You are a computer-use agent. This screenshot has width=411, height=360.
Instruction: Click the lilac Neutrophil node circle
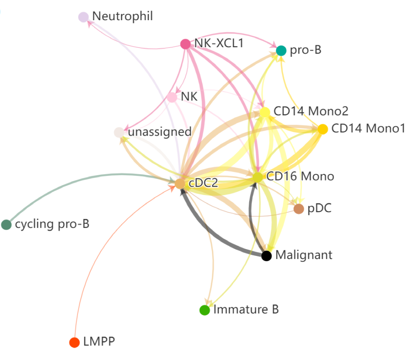[x=83, y=17]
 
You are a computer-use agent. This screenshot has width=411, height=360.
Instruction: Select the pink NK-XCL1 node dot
[x=185, y=44]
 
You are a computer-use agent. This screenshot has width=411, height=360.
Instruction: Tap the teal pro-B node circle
[x=281, y=51]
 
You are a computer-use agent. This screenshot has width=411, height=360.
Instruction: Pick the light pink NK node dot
[x=172, y=97]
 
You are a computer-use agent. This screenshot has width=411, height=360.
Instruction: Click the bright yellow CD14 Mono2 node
[x=265, y=112]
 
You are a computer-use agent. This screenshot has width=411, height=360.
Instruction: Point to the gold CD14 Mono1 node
[x=323, y=129]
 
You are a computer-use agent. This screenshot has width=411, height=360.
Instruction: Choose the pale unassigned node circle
[x=119, y=133]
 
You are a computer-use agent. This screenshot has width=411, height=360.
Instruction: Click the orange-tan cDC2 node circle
[x=180, y=184]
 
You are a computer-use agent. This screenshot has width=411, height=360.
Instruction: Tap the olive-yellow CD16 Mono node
[x=258, y=177]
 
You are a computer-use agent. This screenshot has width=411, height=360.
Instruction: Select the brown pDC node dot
[x=299, y=209]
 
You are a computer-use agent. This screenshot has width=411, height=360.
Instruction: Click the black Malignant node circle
[x=267, y=256]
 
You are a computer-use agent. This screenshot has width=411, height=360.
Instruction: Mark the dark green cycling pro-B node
[x=6, y=224]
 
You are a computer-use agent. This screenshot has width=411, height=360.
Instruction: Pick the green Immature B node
[x=205, y=310]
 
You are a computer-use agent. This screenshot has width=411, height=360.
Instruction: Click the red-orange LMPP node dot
[x=74, y=342]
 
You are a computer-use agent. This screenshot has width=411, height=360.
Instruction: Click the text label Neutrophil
[x=123, y=16]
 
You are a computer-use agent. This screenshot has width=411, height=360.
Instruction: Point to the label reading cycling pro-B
[x=52, y=224]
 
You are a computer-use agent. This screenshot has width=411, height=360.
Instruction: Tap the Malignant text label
[x=304, y=255]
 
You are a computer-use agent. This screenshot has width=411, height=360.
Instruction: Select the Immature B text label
[x=246, y=309]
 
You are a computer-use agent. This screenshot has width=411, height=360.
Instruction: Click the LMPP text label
[x=99, y=341]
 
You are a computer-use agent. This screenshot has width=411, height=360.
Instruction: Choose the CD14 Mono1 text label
[x=368, y=128]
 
